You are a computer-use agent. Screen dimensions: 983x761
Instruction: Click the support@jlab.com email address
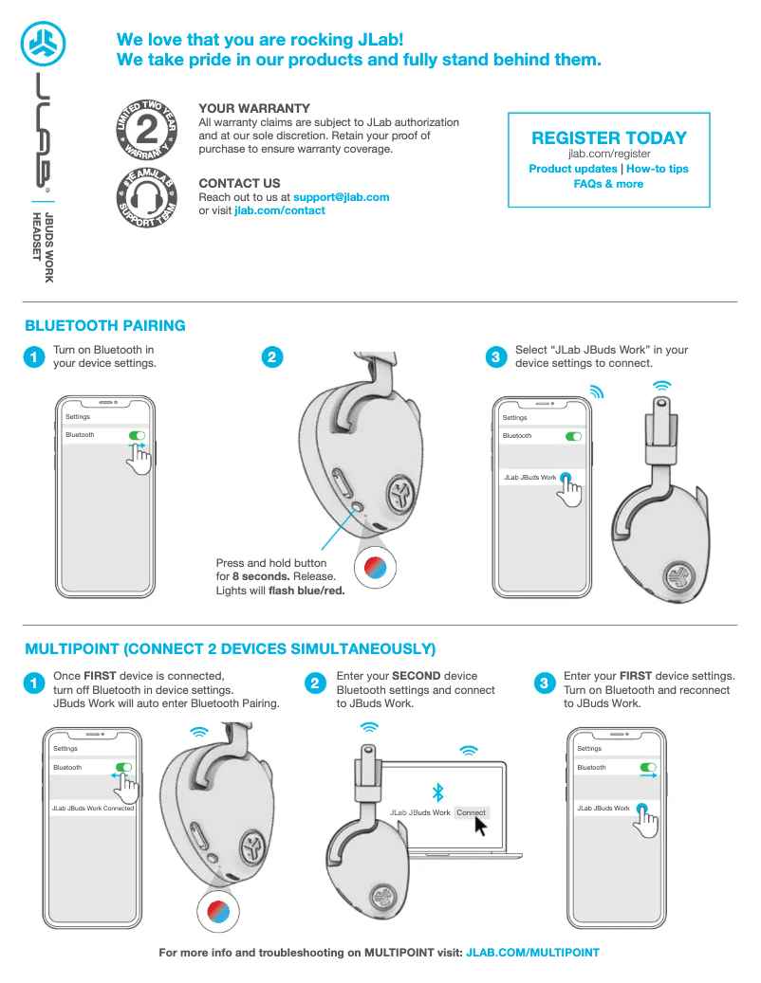coord(341,197)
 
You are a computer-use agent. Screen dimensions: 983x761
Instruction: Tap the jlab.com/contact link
coord(279,210)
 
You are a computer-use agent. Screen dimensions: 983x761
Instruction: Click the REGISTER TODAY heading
coord(608,138)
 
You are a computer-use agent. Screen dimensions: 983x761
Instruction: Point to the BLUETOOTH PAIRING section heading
coord(105,326)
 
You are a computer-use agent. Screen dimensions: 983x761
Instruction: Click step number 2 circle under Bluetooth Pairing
coord(271,357)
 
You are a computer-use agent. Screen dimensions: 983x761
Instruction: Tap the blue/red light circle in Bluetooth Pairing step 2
coord(368,567)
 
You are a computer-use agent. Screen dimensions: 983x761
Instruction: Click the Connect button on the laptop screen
coord(471,812)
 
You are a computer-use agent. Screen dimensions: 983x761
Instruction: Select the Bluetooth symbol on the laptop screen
coord(437,792)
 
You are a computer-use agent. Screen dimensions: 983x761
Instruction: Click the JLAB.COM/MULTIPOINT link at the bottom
coord(532,952)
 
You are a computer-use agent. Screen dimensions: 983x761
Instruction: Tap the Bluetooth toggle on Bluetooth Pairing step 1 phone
coord(136,435)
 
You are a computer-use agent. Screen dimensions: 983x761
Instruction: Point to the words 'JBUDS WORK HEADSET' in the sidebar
coord(43,247)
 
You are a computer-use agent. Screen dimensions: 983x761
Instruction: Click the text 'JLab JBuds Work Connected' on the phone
coord(93,809)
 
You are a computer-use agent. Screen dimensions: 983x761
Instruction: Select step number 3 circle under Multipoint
coord(544,683)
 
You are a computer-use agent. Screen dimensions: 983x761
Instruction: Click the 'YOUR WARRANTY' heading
coord(254,109)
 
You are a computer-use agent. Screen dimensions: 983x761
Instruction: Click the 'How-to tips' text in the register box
coord(657,169)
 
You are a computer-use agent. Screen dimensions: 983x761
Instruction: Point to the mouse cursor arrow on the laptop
coord(480,827)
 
